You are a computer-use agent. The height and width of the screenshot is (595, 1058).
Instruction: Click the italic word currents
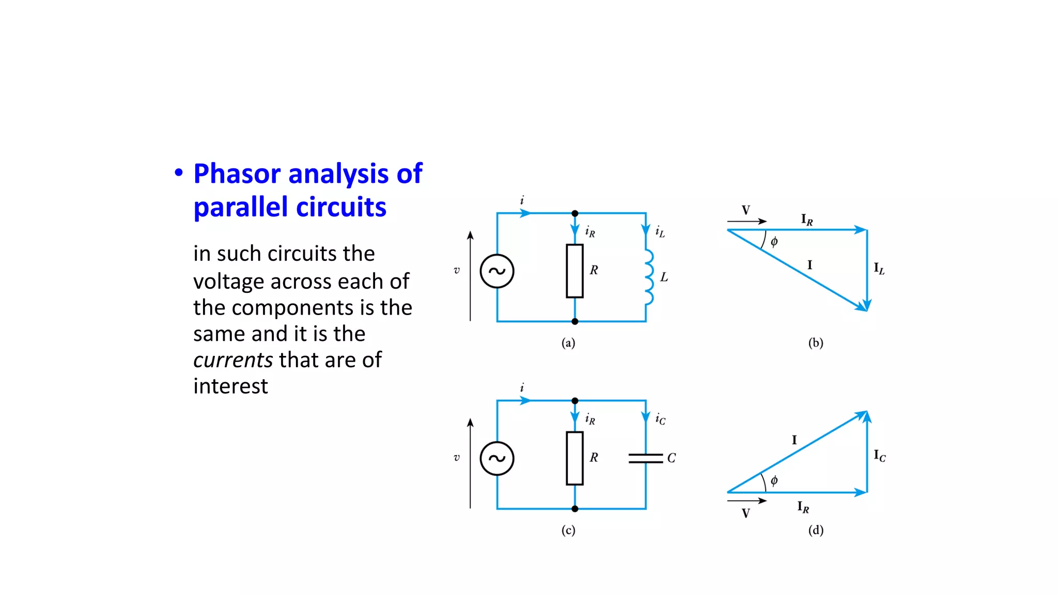232,360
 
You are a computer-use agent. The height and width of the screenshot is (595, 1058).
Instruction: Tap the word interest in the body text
230,386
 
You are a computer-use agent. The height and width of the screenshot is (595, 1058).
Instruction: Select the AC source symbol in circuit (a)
496,271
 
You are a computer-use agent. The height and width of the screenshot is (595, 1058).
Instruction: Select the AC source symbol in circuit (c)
496,458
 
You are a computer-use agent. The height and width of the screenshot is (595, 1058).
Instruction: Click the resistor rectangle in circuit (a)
574,271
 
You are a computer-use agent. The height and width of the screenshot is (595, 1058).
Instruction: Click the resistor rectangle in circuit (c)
574,458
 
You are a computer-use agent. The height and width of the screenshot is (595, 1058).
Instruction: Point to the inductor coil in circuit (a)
648,277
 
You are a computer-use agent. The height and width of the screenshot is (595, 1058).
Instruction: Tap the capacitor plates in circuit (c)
645,458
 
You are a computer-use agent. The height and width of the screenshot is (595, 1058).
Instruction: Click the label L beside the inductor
664,277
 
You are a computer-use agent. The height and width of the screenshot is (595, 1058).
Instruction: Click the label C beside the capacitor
671,458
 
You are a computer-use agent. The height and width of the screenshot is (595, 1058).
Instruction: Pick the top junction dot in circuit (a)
574,213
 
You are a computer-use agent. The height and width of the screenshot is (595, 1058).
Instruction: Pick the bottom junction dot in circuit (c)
574,509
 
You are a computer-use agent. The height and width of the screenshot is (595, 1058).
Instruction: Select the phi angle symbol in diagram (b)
774,242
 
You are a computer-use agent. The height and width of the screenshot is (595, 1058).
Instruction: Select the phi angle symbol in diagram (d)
774,481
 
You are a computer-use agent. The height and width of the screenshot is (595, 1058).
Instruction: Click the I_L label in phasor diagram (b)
879,269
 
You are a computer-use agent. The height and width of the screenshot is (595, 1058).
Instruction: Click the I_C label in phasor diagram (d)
879,456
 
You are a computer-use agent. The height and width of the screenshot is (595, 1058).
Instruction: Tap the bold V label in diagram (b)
745,210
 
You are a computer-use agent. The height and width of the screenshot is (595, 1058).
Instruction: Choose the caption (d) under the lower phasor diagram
816,530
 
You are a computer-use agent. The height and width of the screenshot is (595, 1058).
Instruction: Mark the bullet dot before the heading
179,173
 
